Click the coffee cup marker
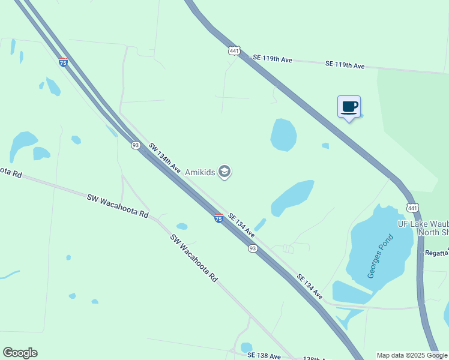[349, 107]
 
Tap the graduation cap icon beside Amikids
[224, 172]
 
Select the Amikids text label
[199, 172]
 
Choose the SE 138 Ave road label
[264, 356]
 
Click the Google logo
[20, 353]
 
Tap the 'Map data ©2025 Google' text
[412, 355]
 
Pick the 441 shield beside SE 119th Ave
[235, 51]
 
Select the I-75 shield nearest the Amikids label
[219, 218]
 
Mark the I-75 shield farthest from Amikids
[63, 62]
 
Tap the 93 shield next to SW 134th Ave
[136, 145]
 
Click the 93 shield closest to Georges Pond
[253, 248]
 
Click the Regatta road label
[437, 253]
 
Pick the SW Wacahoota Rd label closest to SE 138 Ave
[194, 258]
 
